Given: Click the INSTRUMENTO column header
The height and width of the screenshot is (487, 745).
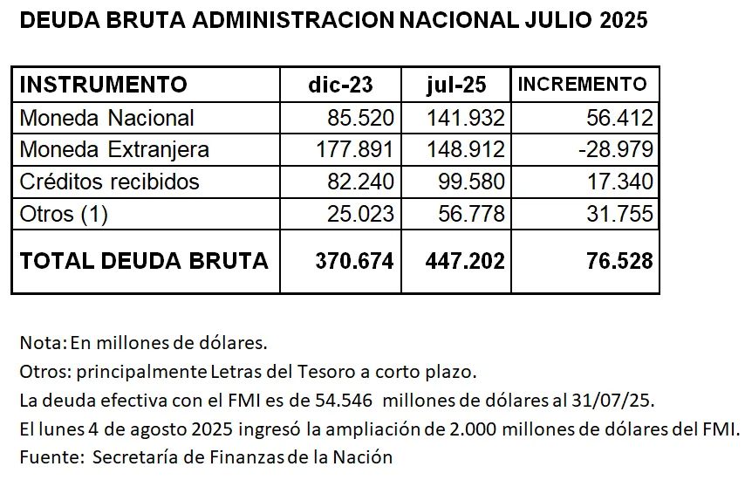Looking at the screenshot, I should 103,85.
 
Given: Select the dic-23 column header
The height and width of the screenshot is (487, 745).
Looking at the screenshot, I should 340,85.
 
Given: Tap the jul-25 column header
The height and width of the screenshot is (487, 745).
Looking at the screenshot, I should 456,85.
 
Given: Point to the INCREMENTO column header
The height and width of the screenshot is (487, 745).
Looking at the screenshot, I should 583,85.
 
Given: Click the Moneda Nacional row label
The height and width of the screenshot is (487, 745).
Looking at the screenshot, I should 106,118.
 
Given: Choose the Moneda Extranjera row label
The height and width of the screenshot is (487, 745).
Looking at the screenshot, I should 114,149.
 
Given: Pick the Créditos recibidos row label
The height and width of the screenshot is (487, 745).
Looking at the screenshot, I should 109,182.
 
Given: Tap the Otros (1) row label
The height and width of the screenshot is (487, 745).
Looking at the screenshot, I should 63,214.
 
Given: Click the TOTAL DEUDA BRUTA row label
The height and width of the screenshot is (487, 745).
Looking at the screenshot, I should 143,260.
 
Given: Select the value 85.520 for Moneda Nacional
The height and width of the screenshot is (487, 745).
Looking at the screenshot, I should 359,118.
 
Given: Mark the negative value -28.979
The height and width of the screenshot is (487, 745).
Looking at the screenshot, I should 615,149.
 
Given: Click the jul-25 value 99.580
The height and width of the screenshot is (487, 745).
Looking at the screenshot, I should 466,182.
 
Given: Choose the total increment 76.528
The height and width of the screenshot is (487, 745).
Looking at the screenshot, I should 618,260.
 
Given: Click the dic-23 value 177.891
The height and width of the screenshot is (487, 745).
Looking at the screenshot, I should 354,149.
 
